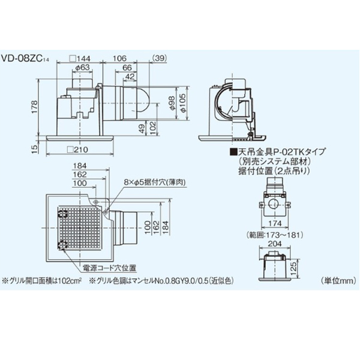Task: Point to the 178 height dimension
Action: [34, 107]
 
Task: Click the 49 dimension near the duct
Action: [140, 128]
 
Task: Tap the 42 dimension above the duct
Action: [129, 76]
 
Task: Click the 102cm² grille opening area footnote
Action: [45, 280]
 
